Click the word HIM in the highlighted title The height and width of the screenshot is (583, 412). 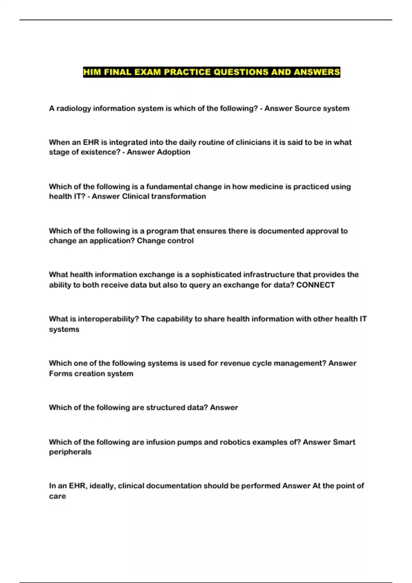92,72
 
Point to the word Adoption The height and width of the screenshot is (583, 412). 173,152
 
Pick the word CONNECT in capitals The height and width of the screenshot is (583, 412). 315,285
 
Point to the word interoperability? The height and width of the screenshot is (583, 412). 108,319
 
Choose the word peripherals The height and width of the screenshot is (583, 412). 70,452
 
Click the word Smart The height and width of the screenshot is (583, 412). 344,442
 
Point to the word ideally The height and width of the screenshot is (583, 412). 102,486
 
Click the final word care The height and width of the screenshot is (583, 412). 57,496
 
